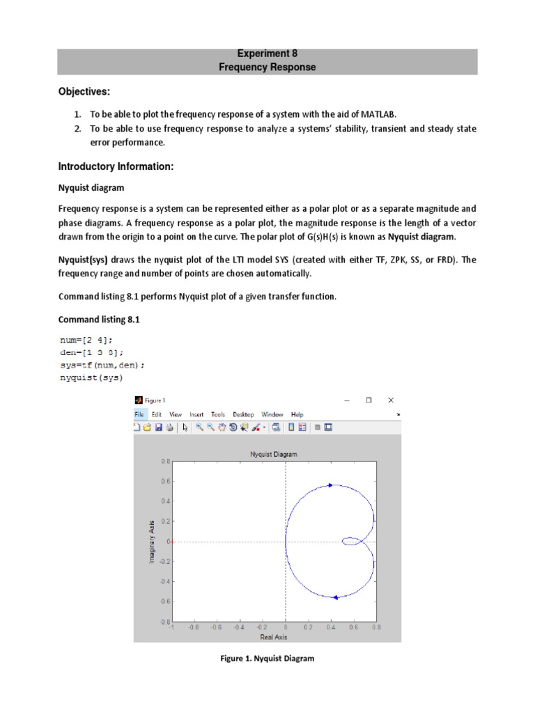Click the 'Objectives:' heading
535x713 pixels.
(x=84, y=93)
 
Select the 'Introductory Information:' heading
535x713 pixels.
(x=115, y=166)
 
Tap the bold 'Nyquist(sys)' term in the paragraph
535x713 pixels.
(x=83, y=260)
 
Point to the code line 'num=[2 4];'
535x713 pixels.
(x=86, y=340)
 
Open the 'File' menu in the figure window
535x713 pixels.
(x=139, y=414)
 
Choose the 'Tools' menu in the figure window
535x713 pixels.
(x=218, y=414)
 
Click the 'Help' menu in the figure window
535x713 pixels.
(x=297, y=414)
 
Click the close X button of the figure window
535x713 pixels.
(x=391, y=400)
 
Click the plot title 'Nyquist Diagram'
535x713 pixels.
(x=274, y=454)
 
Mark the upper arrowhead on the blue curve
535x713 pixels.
(x=330, y=485)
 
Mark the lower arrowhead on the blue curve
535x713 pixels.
(x=335, y=597)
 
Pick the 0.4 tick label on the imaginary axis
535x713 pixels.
(x=165, y=501)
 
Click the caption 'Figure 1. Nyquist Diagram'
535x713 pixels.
(x=267, y=659)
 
